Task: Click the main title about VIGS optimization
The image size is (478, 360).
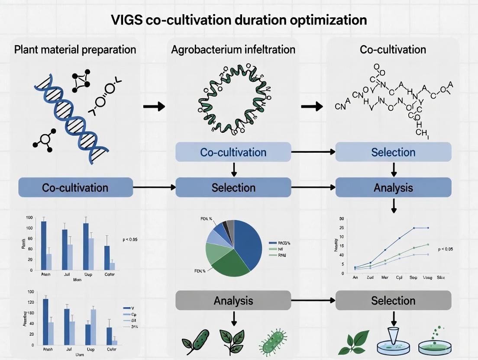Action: [239, 20]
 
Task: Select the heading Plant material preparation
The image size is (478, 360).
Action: [75, 49]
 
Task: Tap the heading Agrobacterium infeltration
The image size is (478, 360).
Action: [233, 49]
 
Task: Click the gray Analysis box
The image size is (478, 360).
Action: [233, 300]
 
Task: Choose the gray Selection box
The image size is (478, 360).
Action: [393, 300]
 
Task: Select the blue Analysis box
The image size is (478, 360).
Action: [393, 187]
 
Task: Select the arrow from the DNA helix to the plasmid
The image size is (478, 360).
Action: [154, 106]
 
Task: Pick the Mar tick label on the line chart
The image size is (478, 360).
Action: [384, 277]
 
